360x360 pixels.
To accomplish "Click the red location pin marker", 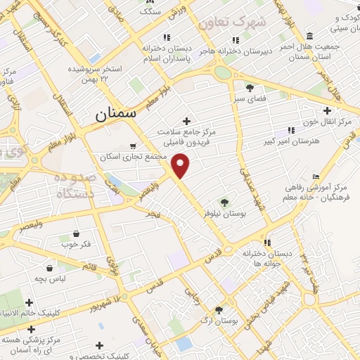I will pyautogui.click(x=181, y=167).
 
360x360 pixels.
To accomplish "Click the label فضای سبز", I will pyautogui.click(x=250, y=99).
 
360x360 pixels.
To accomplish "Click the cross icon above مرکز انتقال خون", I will pyautogui.click(x=327, y=110).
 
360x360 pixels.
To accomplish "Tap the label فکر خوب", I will pyautogui.click(x=78, y=244).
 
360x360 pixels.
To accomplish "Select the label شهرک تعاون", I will pyautogui.click(x=232, y=22).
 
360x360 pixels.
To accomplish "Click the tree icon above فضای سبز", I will pyautogui.click(x=250, y=88).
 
